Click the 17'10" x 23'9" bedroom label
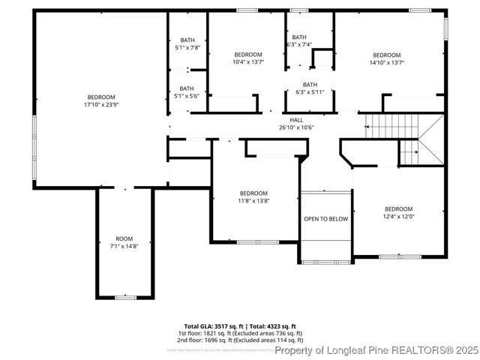(101, 100)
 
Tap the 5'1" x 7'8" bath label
(186, 43)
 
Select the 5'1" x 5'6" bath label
(186, 92)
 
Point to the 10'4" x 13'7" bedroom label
(248, 58)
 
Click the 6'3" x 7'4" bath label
(299, 40)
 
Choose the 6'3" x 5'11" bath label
(310, 88)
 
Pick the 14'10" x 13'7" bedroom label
(387, 58)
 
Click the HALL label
(297, 119)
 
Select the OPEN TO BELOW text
(325, 219)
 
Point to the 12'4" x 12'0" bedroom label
(398, 212)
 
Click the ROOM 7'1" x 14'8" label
(124, 242)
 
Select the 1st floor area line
(240, 333)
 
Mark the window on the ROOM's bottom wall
(125, 298)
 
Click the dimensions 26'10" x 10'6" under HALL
(297, 127)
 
